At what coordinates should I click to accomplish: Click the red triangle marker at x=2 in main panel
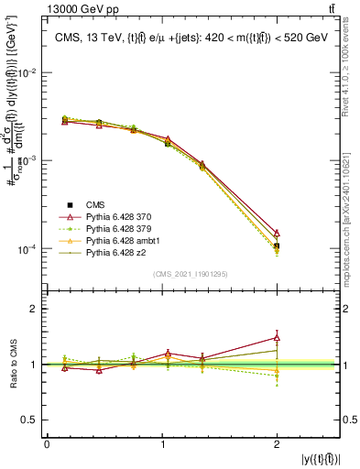click(x=277, y=234)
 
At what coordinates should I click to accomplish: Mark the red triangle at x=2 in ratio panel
click(x=277, y=338)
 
